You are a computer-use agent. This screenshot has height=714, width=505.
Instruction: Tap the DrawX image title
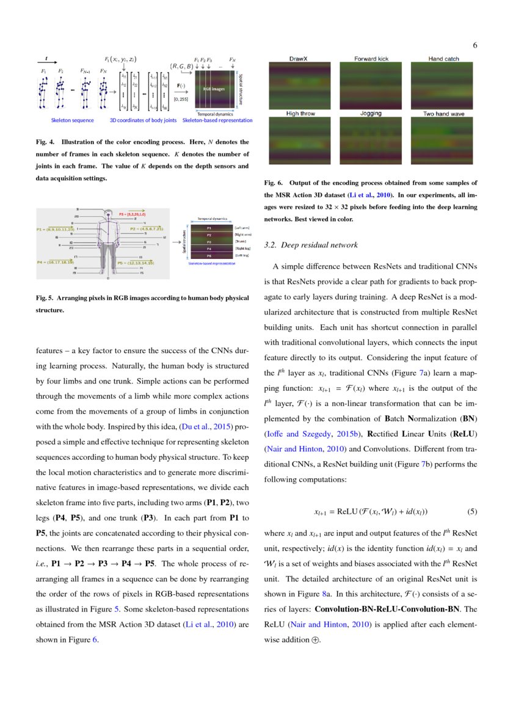tap(298, 59)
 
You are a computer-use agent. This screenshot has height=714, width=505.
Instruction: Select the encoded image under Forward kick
tap(371, 82)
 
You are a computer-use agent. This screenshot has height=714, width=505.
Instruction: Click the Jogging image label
tap(371, 114)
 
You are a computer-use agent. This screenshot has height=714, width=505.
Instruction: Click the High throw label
tap(300, 114)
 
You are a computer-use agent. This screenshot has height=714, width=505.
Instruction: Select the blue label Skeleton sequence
tap(72, 120)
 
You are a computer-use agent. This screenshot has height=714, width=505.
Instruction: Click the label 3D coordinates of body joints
tap(143, 120)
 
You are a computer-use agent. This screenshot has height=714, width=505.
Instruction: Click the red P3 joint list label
tap(132, 214)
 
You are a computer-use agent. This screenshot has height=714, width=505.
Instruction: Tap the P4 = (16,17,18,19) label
tap(57, 261)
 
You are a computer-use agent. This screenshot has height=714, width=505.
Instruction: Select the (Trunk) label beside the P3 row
tap(240, 241)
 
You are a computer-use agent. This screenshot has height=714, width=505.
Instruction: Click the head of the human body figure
tap(108, 216)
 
